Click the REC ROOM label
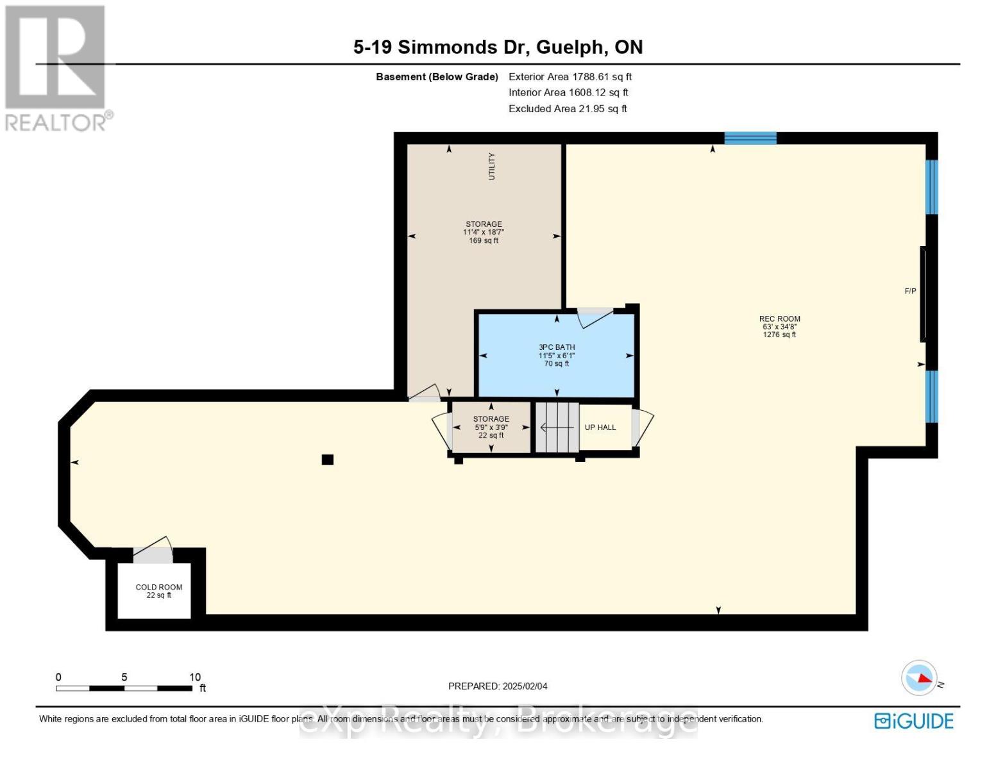click(779, 319)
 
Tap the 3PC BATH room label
click(556, 347)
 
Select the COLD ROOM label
click(158, 587)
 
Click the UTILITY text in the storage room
click(492, 166)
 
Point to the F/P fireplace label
click(910, 292)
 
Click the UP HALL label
click(600, 427)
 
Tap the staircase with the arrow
click(557, 427)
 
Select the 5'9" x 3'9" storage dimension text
click(491, 427)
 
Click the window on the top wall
click(750, 138)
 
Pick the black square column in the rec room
click(328, 459)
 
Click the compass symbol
click(919, 677)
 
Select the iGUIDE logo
click(914, 721)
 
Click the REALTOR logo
click(56, 67)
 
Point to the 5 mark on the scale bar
click(124, 677)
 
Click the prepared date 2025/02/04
click(498, 686)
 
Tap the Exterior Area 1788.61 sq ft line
click(570, 77)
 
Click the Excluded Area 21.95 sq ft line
click(568, 109)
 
